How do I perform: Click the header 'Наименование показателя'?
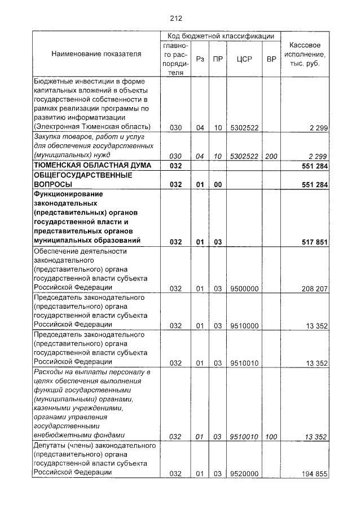pyautogui.click(x=96, y=54)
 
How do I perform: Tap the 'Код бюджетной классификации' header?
pyautogui.click(x=221, y=35)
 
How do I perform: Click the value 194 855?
pyautogui.click(x=315, y=473)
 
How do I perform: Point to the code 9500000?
pyautogui.click(x=245, y=289)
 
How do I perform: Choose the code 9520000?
pyautogui.click(x=245, y=473)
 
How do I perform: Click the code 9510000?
pyautogui.click(x=245, y=325)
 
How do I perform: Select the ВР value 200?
pyautogui.click(x=272, y=155)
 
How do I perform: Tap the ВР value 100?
pyautogui.click(x=272, y=436)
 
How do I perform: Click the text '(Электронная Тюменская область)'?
pyautogui.click(x=92, y=126)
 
